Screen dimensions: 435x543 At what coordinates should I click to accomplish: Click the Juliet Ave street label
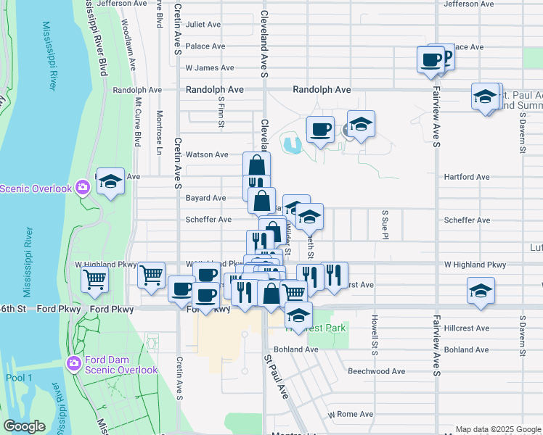203,24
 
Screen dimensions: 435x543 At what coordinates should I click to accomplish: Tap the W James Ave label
210,67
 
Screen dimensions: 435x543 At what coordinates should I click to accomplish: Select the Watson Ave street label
207,154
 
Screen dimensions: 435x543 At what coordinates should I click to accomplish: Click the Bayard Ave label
206,198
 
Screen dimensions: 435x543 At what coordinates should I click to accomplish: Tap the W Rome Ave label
350,415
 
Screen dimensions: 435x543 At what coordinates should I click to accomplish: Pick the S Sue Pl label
385,225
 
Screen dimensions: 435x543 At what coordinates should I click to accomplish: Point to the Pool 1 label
20,378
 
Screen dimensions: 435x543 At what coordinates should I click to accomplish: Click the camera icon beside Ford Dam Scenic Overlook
73,364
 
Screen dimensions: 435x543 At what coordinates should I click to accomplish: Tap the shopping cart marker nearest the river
95,279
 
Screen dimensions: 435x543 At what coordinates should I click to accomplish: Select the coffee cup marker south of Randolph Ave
320,130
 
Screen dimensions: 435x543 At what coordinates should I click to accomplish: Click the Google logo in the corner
25,426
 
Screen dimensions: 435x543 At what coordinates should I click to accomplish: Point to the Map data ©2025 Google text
497,429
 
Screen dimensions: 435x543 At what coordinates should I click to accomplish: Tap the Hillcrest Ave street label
467,328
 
